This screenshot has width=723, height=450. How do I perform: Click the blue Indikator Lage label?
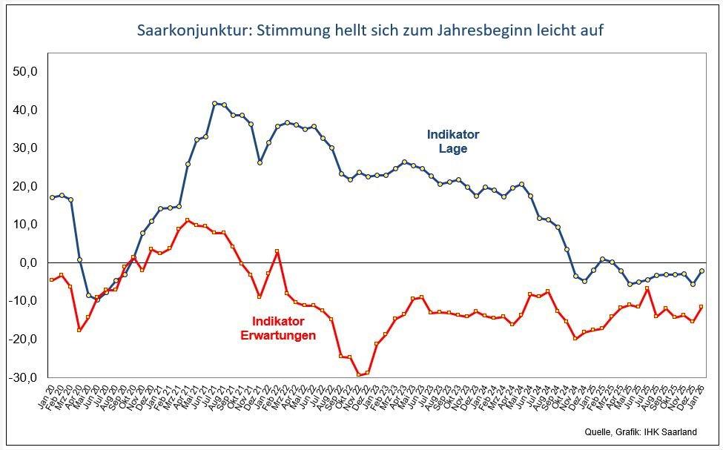[x=452, y=142]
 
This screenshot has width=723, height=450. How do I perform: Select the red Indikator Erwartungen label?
[x=278, y=328]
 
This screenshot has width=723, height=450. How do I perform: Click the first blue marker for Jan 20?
[x=52, y=197]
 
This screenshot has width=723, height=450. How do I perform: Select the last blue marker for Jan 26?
[x=701, y=271]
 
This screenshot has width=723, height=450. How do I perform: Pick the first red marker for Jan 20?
[x=52, y=279]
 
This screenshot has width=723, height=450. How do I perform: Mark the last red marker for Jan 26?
[x=701, y=307]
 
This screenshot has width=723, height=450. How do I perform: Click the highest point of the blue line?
[x=214, y=104]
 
